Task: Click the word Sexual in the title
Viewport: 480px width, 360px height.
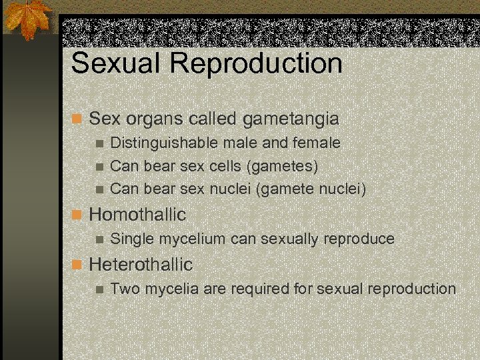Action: pos(115,64)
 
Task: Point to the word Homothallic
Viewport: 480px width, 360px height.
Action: pos(137,215)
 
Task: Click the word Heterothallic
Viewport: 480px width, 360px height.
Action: pos(141,265)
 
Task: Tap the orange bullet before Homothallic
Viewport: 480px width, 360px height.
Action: pos(77,215)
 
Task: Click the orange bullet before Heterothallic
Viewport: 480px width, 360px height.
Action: pos(77,265)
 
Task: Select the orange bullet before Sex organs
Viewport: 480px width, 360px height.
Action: pos(77,120)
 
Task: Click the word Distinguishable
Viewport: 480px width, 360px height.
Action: pos(161,143)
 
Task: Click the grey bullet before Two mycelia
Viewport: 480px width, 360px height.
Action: pos(99,289)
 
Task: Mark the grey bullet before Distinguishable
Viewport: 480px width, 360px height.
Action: pos(99,143)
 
